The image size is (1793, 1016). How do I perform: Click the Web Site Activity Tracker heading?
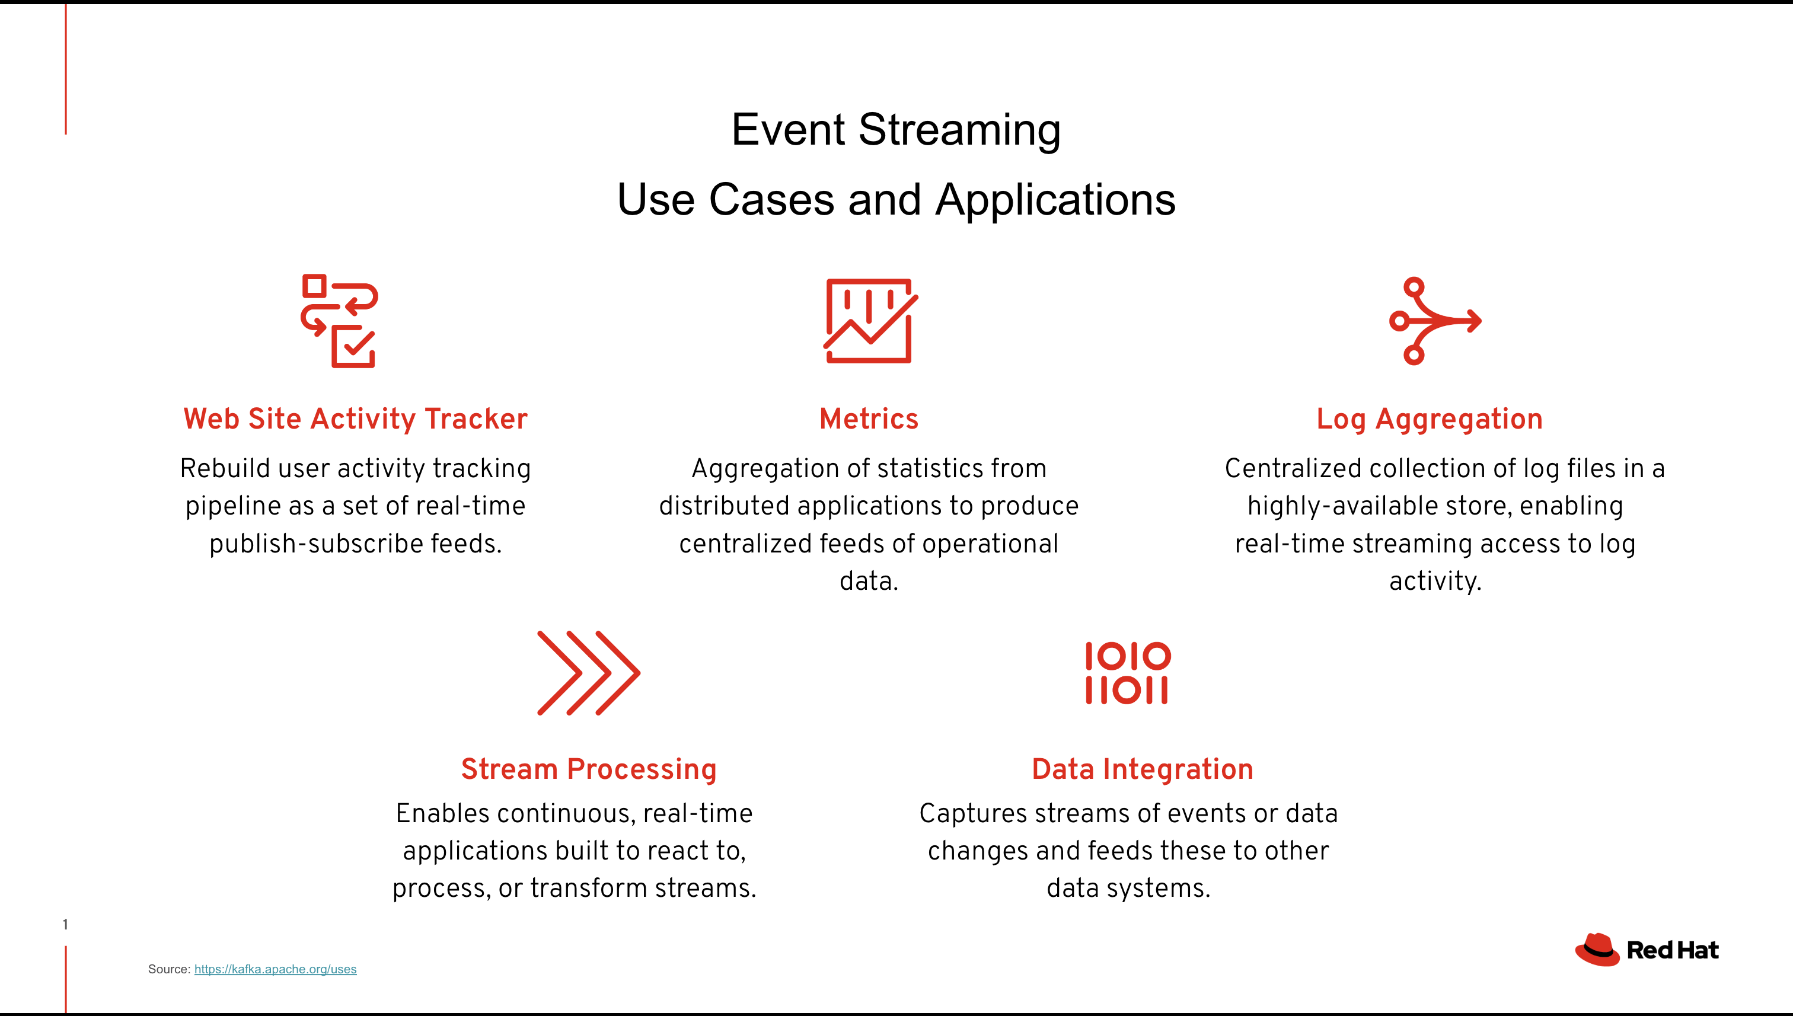[x=355, y=418]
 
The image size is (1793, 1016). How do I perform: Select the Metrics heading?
[x=869, y=418]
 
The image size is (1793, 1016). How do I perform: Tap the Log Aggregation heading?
[x=1430, y=418]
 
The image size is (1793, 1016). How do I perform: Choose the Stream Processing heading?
[x=588, y=769]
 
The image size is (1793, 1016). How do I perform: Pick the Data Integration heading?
[x=1143, y=769]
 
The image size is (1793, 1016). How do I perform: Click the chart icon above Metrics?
[x=870, y=321]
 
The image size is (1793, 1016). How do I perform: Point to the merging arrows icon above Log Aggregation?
[x=1434, y=321]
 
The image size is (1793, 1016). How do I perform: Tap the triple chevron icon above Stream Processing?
[x=588, y=673]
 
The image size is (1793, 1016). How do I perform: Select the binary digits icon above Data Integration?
[x=1128, y=673]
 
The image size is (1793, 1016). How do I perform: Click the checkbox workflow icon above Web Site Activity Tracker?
[x=340, y=321]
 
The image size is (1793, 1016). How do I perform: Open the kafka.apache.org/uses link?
[x=275, y=969]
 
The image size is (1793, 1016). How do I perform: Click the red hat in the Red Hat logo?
[x=1597, y=950]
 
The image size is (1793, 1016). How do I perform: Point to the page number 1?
[x=66, y=925]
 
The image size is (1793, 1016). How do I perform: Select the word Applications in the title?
[x=1055, y=200]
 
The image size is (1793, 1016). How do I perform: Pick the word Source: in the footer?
[x=169, y=969]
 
